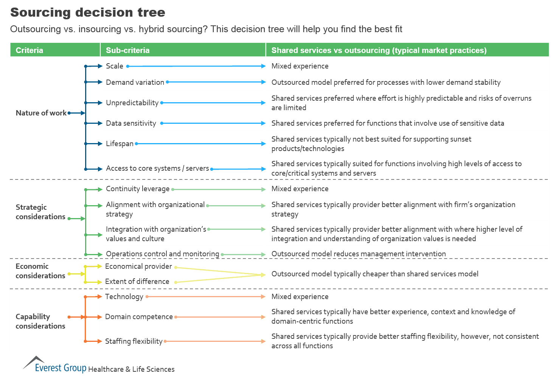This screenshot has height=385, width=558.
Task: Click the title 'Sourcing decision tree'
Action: pyautogui.click(x=88, y=12)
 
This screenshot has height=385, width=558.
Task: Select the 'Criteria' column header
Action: pyautogui.click(x=30, y=50)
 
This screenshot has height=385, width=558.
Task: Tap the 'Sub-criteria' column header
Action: pyautogui.click(x=127, y=50)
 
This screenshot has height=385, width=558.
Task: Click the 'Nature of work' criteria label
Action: pyautogui.click(x=41, y=113)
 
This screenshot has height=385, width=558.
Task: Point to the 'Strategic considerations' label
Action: pyautogui.click(x=40, y=212)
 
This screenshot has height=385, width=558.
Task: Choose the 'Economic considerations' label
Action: pyautogui.click(x=40, y=271)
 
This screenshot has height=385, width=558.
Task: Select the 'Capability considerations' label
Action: pyautogui.click(x=40, y=321)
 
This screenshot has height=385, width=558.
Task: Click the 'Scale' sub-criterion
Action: pyautogui.click(x=114, y=66)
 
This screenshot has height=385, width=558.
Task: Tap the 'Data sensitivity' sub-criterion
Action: pyautogui.click(x=131, y=123)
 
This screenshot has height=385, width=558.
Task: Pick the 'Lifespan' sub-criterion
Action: pyautogui.click(x=120, y=144)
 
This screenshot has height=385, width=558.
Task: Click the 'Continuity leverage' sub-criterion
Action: pyautogui.click(x=138, y=189)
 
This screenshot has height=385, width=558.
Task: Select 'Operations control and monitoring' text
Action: pyautogui.click(x=162, y=254)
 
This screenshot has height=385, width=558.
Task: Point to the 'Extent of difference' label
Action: pyautogui.click(x=137, y=282)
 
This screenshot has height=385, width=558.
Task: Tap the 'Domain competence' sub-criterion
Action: pyautogui.click(x=139, y=317)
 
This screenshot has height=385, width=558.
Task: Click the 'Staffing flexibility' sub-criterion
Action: pyautogui.click(x=134, y=341)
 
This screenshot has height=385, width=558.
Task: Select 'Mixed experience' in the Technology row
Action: pyautogui.click(x=300, y=297)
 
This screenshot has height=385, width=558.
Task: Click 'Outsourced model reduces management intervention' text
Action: pyautogui.click(x=358, y=254)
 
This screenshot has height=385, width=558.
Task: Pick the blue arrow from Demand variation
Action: pyautogui.click(x=216, y=82)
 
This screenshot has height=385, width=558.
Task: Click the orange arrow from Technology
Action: pyautogui.click(x=206, y=297)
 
